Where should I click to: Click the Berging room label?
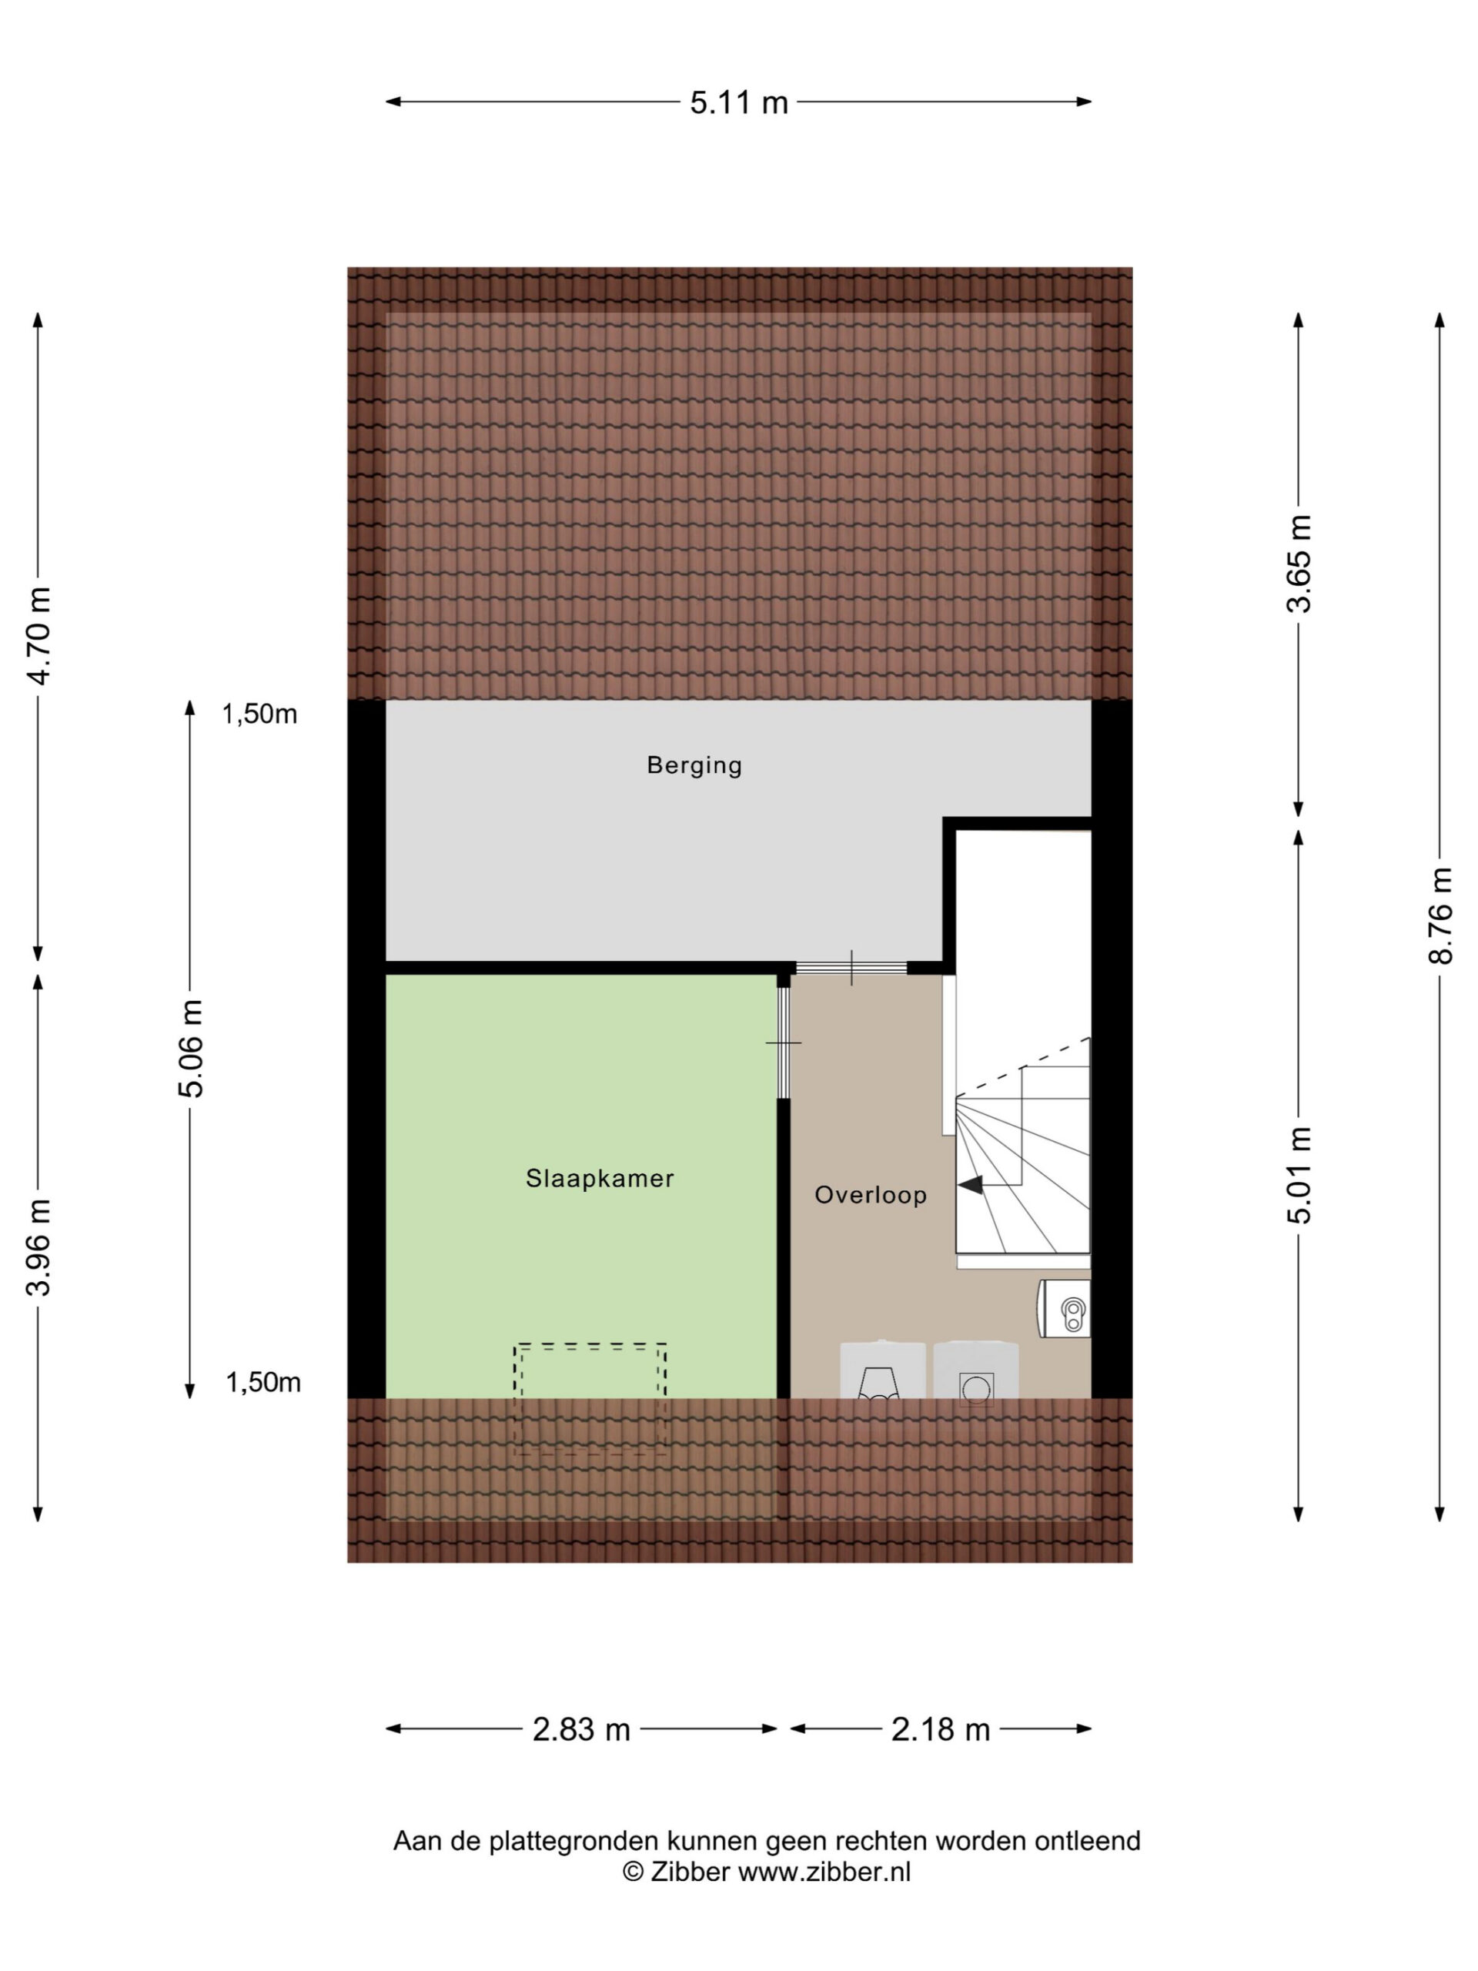[694, 765]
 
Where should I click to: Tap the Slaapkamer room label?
[600, 1178]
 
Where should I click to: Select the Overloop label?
[871, 1195]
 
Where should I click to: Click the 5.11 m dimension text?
[738, 102]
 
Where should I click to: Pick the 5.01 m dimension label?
[1299, 1174]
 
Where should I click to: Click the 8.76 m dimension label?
[1440, 915]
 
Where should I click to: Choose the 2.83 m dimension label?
[581, 1729]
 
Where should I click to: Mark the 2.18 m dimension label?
[940, 1729]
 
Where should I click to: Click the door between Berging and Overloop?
[851, 968]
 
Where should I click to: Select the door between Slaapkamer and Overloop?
[783, 1042]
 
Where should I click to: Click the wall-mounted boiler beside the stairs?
[1064, 1309]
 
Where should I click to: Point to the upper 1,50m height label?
[259, 714]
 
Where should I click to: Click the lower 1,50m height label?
[262, 1382]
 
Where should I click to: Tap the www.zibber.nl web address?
[824, 1872]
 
